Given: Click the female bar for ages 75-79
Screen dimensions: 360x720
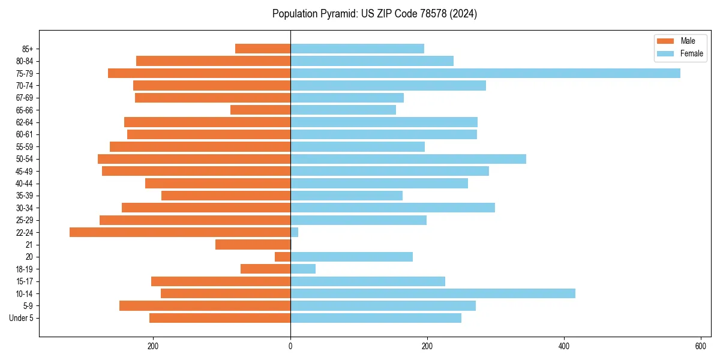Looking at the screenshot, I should click(485, 73).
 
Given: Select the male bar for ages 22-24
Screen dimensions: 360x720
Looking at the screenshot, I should click(180, 232).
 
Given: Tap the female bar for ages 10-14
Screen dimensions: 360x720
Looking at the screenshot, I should click(433, 293).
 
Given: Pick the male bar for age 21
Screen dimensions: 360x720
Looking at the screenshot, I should click(253, 245).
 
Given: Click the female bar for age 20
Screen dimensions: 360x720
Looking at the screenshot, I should click(352, 257).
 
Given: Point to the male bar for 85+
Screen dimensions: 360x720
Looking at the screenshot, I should click(263, 49).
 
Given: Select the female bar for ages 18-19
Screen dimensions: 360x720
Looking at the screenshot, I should click(303, 269).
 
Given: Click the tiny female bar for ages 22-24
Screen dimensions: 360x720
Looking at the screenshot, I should click(294, 232).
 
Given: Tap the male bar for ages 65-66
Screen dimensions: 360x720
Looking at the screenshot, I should click(260, 110).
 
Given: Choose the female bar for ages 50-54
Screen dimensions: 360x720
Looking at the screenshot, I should click(408, 159).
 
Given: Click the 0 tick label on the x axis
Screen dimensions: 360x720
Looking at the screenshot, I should click(290, 346).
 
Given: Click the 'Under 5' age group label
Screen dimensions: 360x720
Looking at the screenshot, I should click(21, 318).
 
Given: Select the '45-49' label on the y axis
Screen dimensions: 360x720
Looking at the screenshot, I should click(24, 171).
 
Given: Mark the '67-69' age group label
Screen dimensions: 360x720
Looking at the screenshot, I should click(24, 98).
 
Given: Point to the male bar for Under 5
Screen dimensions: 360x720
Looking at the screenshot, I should click(220, 318).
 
